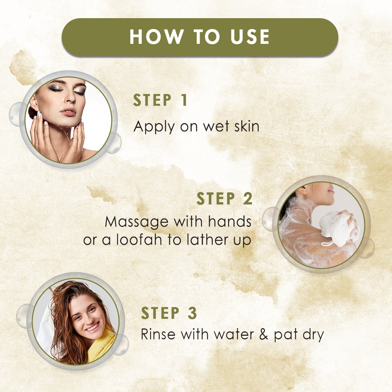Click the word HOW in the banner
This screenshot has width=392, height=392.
click(x=157, y=37)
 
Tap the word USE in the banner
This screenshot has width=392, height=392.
click(x=250, y=37)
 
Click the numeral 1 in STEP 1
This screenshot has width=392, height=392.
click(x=184, y=100)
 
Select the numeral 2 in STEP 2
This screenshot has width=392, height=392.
click(x=248, y=199)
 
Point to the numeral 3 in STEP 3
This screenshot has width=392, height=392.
click(x=192, y=313)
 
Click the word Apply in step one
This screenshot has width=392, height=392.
click(x=154, y=127)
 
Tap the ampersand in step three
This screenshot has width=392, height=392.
click(x=264, y=334)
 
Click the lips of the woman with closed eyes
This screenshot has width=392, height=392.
click(x=68, y=112)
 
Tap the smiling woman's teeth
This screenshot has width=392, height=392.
click(x=92, y=327)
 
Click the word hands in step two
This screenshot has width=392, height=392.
click(x=230, y=221)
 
